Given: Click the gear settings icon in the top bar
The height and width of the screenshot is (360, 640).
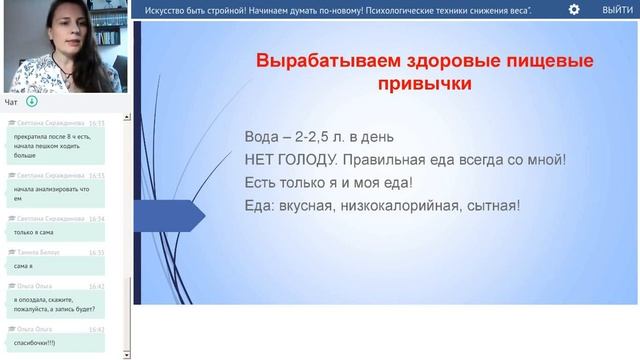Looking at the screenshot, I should tap(573, 9).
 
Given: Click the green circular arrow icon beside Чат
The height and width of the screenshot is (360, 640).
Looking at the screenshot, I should tap(32, 101).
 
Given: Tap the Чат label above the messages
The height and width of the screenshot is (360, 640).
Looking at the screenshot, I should tap(11, 101).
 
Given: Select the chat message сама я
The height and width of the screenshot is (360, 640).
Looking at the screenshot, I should tap(24, 266).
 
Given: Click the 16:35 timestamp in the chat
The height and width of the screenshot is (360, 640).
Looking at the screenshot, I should tap(96, 253).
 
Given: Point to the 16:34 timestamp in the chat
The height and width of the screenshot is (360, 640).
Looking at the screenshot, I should tap(96, 218).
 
